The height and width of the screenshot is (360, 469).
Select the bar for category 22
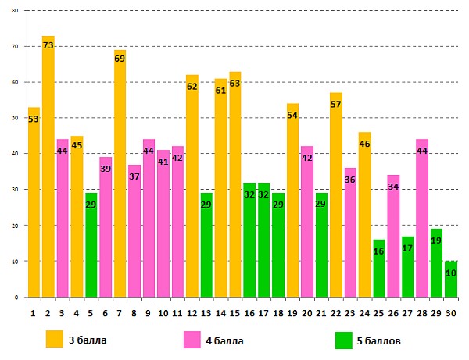tap(336, 195)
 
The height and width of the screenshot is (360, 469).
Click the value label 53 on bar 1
tap(33, 119)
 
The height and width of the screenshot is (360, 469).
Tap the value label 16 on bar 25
tap(379, 251)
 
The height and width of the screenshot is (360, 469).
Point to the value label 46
tap(364, 144)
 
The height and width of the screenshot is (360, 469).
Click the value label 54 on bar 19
tap(292, 116)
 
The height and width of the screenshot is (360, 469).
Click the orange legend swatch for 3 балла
tap(54, 339)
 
